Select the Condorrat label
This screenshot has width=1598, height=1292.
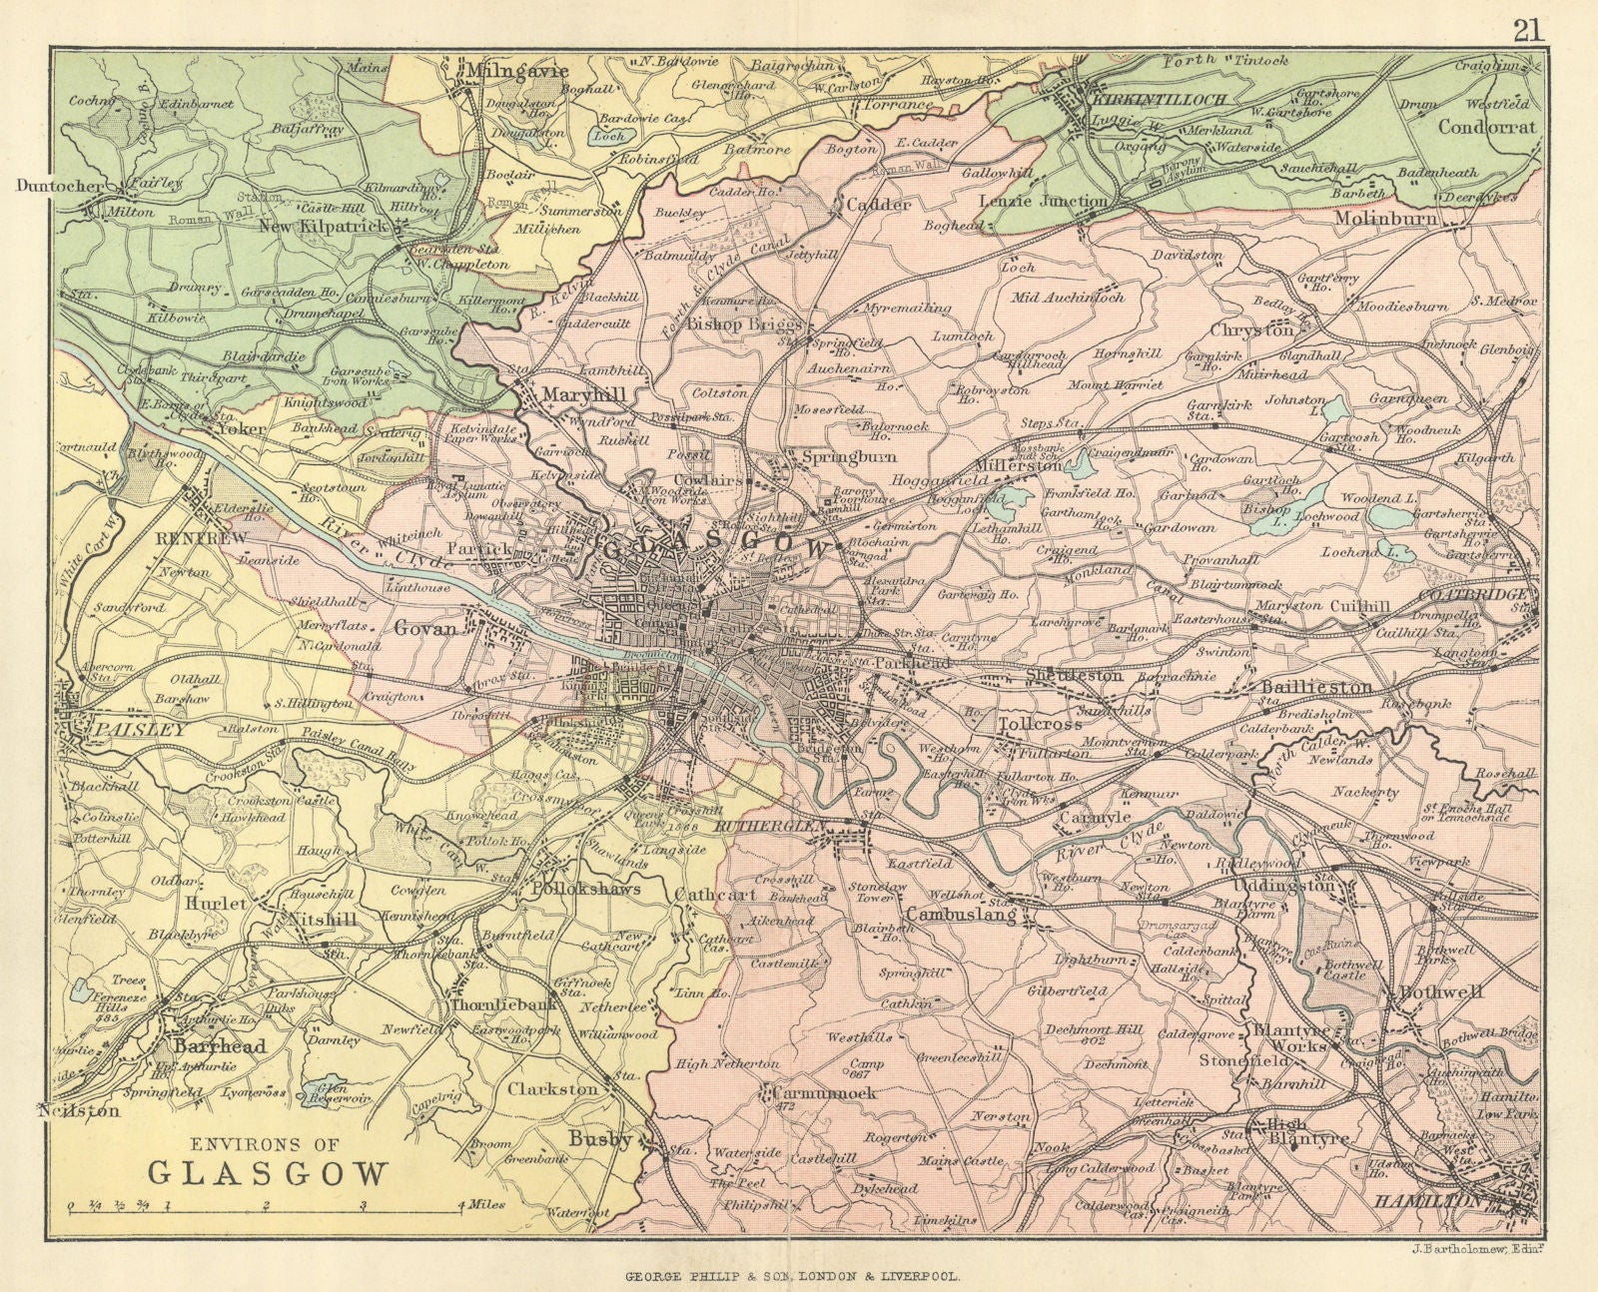pos(1487,127)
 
